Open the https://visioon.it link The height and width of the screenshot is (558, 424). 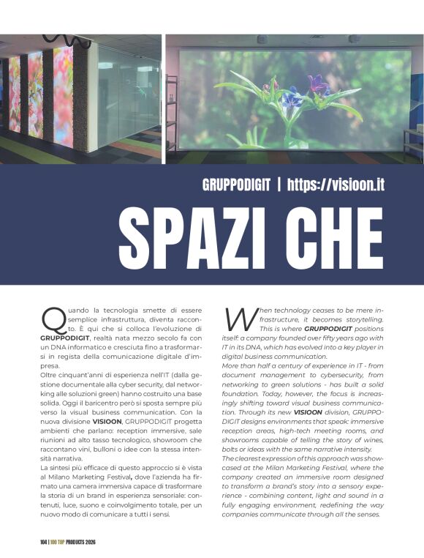coord(336,185)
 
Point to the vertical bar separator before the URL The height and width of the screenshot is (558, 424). coord(279,185)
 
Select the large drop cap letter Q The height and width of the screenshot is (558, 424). coord(53,319)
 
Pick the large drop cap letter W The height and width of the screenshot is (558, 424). coord(238,319)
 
